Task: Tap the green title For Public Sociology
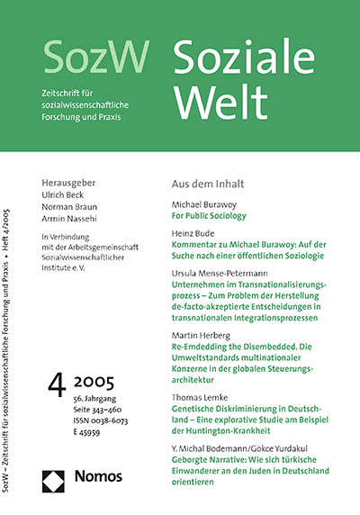pyautogui.click(x=214, y=217)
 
